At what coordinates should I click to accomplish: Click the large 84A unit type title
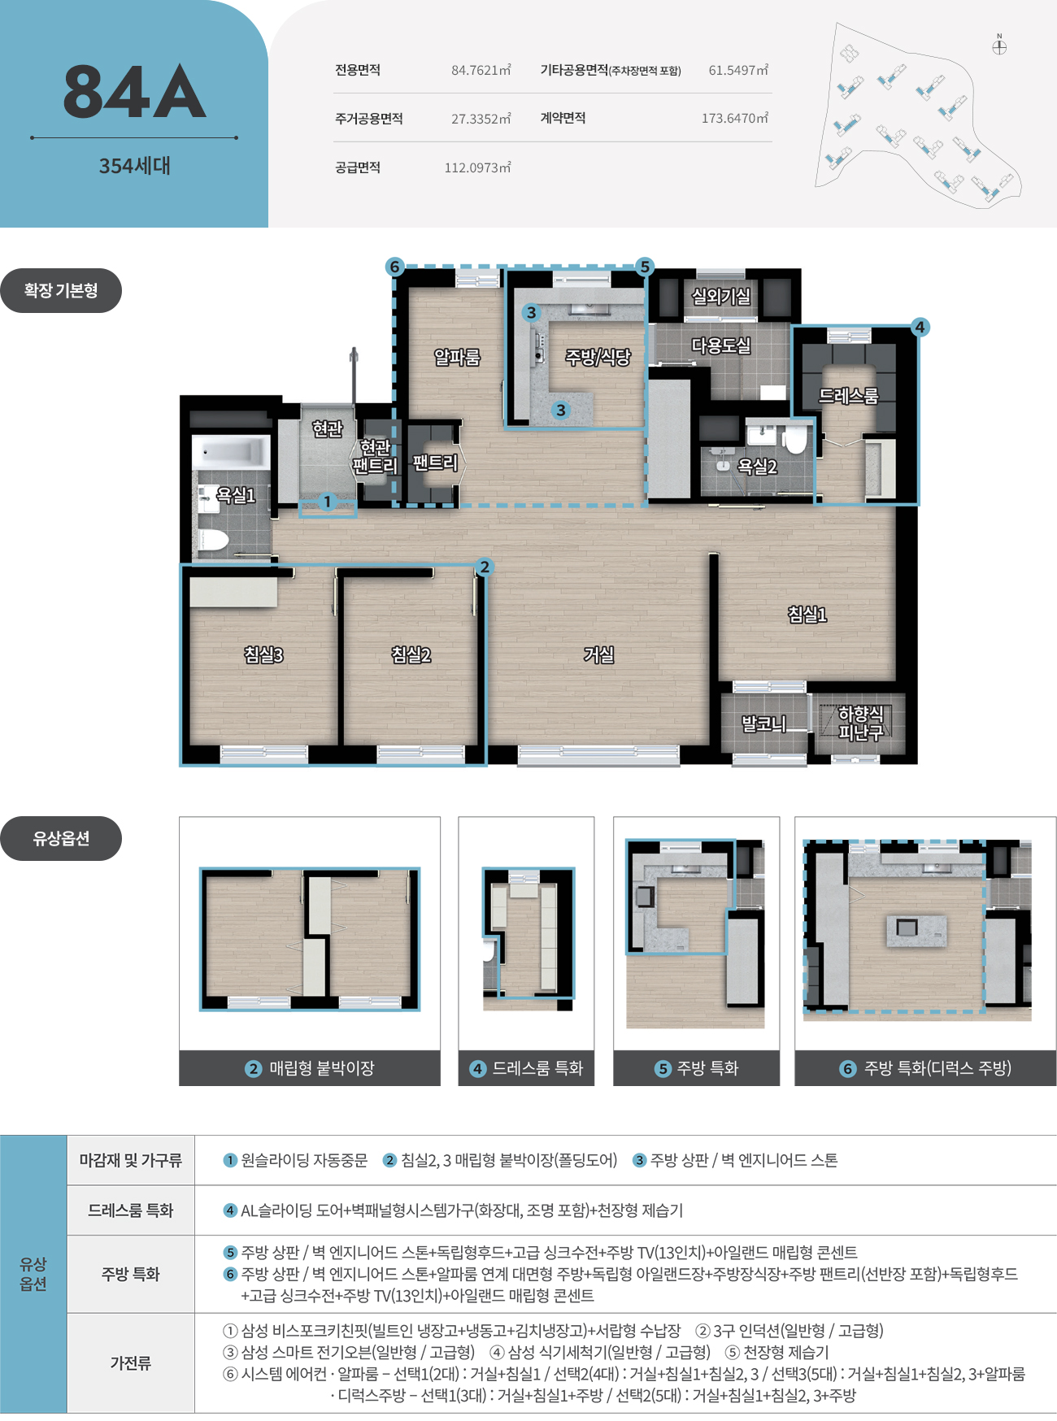click(134, 91)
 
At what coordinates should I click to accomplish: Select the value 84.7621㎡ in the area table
click(481, 71)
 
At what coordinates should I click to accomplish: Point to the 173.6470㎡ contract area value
click(735, 119)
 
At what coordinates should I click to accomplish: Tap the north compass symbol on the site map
click(999, 46)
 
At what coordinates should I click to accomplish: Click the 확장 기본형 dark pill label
click(61, 290)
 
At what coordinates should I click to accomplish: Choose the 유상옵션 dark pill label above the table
click(61, 838)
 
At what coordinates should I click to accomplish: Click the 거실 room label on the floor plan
click(599, 654)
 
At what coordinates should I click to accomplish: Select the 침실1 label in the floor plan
click(807, 615)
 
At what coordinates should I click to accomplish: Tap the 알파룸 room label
click(457, 357)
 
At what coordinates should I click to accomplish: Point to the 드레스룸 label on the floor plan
click(849, 396)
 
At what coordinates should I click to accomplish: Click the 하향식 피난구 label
click(861, 723)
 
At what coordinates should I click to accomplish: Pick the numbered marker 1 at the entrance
click(328, 502)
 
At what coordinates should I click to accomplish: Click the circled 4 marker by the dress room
click(920, 327)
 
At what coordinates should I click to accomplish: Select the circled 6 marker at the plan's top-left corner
click(394, 267)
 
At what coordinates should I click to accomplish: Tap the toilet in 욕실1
click(214, 539)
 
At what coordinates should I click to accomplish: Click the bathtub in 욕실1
click(231, 452)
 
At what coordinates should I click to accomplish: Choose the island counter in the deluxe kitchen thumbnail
click(916, 929)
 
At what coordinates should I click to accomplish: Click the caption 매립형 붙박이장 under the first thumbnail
click(322, 1068)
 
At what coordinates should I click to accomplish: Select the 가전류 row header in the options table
click(131, 1362)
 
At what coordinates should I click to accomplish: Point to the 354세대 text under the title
click(134, 166)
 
